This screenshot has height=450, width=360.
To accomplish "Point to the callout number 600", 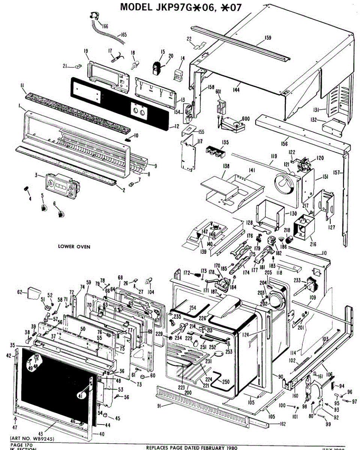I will point(246,119).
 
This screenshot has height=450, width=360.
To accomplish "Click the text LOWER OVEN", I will point(74,246).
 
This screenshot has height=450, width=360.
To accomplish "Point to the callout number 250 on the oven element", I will point(226,382).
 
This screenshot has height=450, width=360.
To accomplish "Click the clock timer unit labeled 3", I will point(60,186).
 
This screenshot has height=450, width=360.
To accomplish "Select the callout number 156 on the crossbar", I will point(284,143).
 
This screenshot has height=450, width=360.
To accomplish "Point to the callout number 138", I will point(226,166).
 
